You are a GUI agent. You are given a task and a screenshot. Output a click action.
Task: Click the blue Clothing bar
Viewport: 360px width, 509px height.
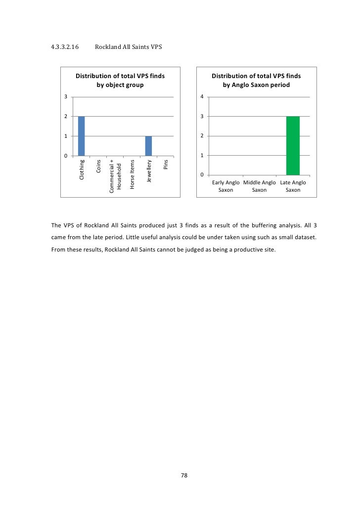coord(81,136)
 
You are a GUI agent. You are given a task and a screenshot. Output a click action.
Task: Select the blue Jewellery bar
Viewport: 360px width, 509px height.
coord(148,146)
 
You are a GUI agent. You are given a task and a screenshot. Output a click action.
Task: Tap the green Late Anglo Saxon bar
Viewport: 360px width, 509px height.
coord(293,145)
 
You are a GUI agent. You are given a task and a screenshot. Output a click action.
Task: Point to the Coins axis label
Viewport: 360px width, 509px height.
coord(98,167)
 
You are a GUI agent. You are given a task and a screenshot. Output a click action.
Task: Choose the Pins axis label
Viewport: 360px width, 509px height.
coord(166,165)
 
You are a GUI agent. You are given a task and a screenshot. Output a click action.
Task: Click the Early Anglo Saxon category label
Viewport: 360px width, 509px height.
coord(226,186)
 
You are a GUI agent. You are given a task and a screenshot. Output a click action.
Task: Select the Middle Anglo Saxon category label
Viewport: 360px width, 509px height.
coord(259,186)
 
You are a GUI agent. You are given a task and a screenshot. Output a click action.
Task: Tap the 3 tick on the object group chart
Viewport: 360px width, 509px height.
coord(65,96)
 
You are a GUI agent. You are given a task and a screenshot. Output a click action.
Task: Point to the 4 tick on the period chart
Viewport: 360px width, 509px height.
coord(202,96)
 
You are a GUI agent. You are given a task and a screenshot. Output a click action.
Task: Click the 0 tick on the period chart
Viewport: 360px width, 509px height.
coord(202,175)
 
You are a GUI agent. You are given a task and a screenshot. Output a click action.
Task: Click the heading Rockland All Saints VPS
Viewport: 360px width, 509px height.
coord(128,47)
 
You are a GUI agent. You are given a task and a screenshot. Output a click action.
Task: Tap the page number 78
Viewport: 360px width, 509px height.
coord(183,475)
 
